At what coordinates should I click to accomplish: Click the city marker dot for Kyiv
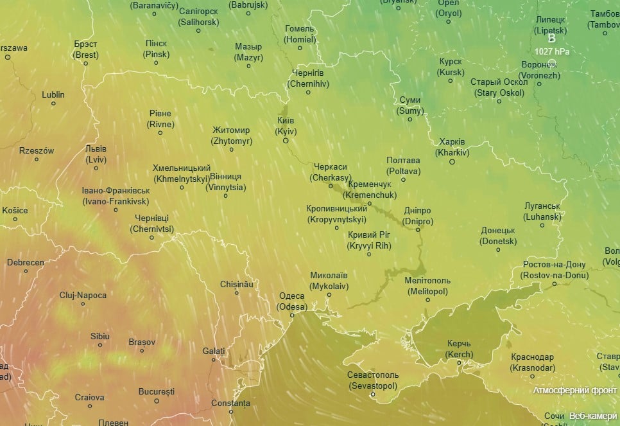click(286, 141)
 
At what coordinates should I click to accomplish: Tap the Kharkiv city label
click(452, 147)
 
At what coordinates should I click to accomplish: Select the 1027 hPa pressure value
click(551, 51)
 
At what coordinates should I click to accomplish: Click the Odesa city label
click(292, 301)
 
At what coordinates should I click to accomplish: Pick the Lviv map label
click(96, 154)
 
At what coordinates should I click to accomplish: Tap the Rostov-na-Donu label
click(555, 270)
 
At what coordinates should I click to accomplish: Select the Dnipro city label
click(418, 216)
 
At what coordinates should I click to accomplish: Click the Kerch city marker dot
click(460, 363)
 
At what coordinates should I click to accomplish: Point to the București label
click(157, 391)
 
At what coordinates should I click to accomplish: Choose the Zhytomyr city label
click(231, 136)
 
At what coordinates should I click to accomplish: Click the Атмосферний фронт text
click(575, 390)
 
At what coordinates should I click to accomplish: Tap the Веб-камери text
click(593, 416)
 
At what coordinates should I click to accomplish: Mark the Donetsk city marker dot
click(498, 251)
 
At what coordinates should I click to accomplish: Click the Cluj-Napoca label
click(83, 295)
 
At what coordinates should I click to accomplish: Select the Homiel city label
click(300, 34)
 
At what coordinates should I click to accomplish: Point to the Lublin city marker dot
click(53, 103)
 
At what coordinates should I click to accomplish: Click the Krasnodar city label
click(533, 362)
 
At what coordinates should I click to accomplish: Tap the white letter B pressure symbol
click(551, 39)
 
